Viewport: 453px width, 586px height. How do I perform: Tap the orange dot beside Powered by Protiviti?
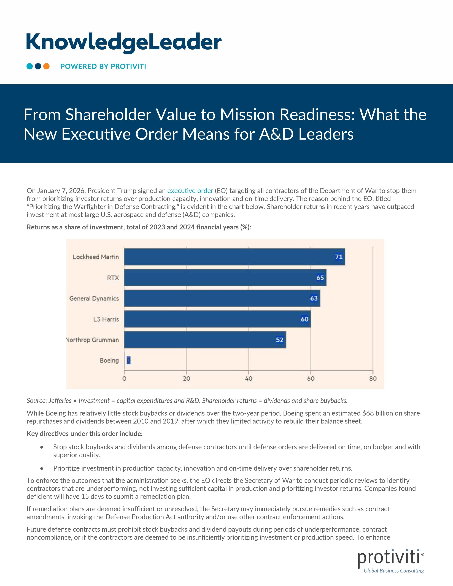(x=46, y=66)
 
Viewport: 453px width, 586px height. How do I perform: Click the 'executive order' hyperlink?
(x=190, y=191)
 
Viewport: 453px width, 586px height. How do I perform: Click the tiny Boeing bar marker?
(x=129, y=360)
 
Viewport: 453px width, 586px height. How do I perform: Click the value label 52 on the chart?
(x=280, y=340)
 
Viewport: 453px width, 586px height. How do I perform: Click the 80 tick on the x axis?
(x=373, y=379)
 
